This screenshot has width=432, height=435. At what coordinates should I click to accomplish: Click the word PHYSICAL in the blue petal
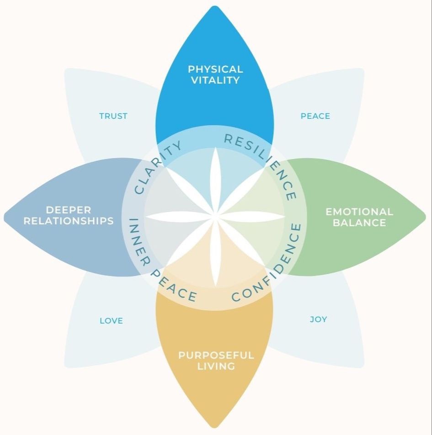coord(215,69)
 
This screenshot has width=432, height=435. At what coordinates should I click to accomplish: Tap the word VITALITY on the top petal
coord(215,80)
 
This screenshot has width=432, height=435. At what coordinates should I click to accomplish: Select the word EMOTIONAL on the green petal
coord(359,212)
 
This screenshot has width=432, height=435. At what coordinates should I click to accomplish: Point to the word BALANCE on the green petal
coord(359,223)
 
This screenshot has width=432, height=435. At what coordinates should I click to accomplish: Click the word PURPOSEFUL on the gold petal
coord(216,355)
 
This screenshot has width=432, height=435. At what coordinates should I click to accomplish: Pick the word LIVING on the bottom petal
coord(216,366)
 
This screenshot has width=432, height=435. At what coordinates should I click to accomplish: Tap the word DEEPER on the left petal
coord(69,210)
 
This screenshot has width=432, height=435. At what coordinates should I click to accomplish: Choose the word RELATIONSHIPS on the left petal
coord(69,221)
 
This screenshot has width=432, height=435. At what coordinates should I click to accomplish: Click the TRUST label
coord(113,116)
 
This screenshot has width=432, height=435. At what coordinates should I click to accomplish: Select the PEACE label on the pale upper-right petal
coord(315,116)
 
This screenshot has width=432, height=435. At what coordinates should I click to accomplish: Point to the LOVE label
coord(112,321)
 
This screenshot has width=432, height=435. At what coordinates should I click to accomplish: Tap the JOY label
coord(318,319)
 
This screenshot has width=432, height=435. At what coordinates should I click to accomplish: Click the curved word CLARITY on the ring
coord(158,167)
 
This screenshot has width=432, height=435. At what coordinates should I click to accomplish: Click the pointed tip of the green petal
coord(425,217)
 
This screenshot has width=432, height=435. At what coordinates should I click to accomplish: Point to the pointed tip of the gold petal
coord(215,427)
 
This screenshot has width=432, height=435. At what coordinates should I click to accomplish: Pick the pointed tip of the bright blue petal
coord(215,6)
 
